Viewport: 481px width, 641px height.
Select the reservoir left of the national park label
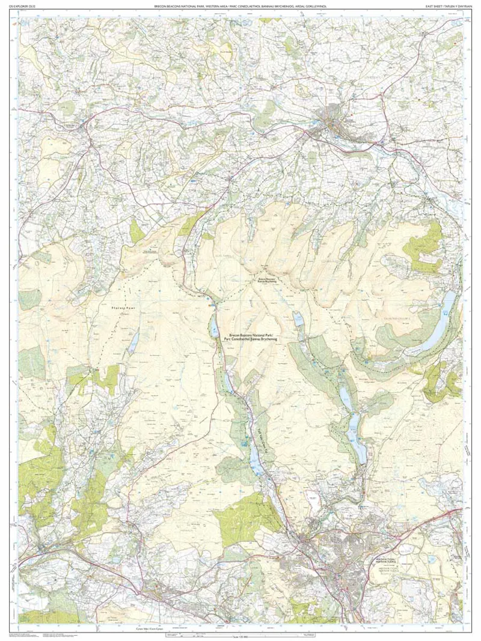(213, 327)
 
